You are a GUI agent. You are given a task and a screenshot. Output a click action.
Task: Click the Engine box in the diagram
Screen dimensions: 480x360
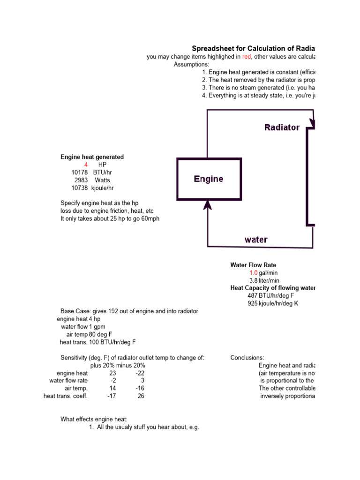pyautogui.click(x=209, y=179)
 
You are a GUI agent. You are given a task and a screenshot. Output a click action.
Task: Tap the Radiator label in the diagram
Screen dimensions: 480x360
pyautogui.click(x=282, y=127)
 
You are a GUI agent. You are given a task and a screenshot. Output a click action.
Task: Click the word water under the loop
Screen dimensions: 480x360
pyautogui.click(x=256, y=240)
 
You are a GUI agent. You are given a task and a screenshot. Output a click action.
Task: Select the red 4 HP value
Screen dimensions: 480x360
pyautogui.click(x=86, y=165)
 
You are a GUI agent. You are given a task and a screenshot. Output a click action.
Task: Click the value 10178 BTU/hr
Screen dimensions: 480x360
pyautogui.click(x=80, y=172)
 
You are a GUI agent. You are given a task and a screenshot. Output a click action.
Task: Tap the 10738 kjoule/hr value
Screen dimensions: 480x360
pyautogui.click(x=80, y=187)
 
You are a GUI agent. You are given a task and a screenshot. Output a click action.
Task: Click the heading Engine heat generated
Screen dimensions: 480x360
pyautogui.click(x=92, y=157)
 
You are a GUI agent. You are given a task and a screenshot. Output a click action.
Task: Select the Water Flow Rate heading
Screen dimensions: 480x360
pyautogui.click(x=256, y=265)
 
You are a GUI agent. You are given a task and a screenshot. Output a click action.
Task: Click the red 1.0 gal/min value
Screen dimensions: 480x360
pyautogui.click(x=254, y=273)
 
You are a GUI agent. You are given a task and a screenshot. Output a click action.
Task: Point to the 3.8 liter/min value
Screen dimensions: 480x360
pyautogui.click(x=254, y=280)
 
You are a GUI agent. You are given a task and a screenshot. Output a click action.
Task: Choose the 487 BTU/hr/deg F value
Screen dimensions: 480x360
pyautogui.click(x=253, y=296)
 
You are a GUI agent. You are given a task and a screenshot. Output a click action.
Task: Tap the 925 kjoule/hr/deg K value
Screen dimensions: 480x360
pyautogui.click(x=253, y=303)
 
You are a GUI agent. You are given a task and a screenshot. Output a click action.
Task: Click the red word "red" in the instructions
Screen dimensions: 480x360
pyautogui.click(x=247, y=57)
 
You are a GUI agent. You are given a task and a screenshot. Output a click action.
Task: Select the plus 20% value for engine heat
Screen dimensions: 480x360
pyautogui.click(x=112, y=373)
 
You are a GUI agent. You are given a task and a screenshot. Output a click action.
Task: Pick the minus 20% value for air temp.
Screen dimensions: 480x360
pyautogui.click(x=140, y=388)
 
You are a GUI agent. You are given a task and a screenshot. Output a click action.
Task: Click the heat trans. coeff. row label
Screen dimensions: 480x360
pyautogui.click(x=66, y=396)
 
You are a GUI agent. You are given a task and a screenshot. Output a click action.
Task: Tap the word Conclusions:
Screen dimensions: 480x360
pyautogui.click(x=247, y=358)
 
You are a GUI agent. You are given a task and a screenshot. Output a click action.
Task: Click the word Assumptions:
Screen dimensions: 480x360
pyautogui.click(x=191, y=64)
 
